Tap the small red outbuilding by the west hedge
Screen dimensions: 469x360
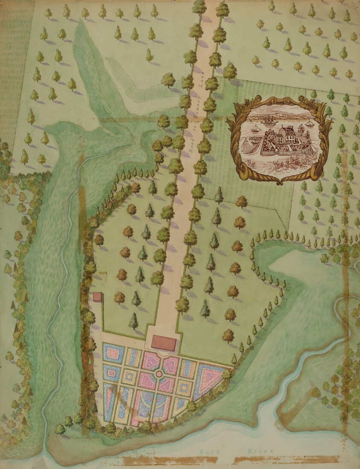(x=98, y=297)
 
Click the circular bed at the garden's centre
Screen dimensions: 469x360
(x=159, y=374)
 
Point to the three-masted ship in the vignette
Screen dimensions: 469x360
(x=268, y=120)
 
